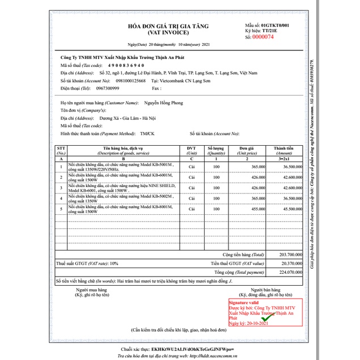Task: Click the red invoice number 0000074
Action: click(x=263, y=37)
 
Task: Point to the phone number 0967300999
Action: click(x=108, y=88)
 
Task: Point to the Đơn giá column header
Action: click(x=247, y=151)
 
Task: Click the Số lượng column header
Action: click(x=215, y=151)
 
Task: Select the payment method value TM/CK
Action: click(x=147, y=133)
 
